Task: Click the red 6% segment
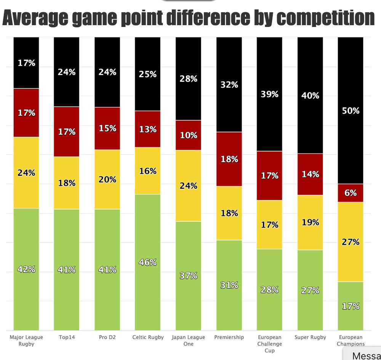tap(351, 193)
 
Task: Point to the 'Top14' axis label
tap(67, 337)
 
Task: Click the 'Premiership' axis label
tap(229, 337)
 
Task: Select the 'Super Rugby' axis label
tap(310, 337)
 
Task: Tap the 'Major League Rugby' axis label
tap(26, 340)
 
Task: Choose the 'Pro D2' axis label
tap(107, 337)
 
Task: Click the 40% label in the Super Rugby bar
tap(310, 96)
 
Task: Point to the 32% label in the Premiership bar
tap(229, 85)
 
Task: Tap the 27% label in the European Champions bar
tap(351, 242)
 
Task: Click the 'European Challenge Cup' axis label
tap(269, 344)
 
